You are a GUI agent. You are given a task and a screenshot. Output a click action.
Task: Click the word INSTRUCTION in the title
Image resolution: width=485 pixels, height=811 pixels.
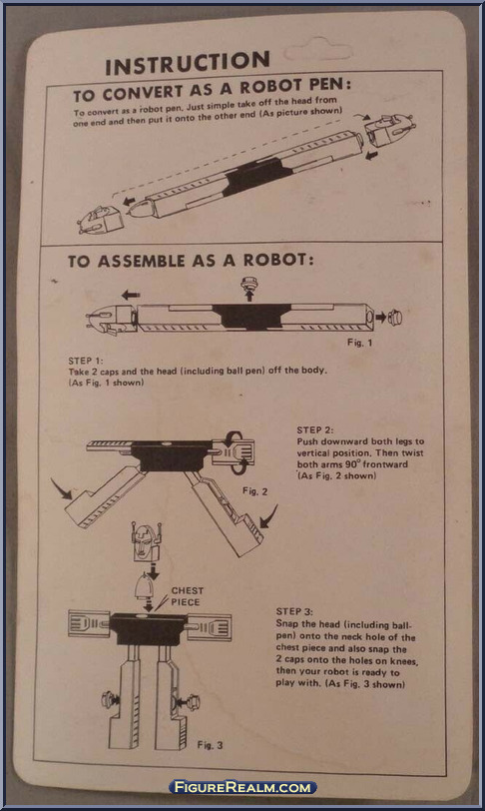point(187,65)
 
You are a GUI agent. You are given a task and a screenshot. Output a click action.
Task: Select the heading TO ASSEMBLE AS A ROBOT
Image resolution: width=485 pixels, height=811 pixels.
point(190,262)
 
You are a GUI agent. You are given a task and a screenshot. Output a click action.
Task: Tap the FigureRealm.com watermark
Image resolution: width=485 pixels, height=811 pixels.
point(242,787)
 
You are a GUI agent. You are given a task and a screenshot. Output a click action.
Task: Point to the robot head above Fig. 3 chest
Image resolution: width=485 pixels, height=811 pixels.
point(147,544)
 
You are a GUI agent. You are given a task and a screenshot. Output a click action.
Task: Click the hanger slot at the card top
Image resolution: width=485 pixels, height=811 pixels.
point(318,51)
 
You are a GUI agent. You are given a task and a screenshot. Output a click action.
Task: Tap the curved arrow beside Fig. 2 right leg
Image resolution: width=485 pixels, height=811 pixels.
point(266,517)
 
